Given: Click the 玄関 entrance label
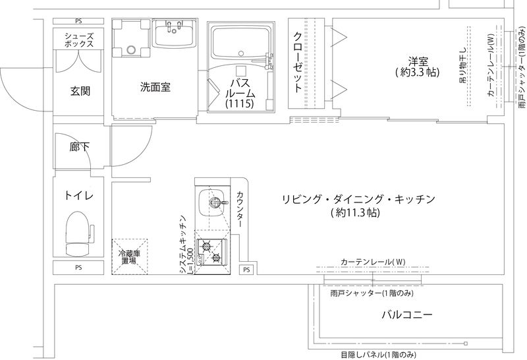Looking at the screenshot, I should (80, 91).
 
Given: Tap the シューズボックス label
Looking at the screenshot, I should (79, 39).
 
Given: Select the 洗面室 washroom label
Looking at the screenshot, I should (155, 87).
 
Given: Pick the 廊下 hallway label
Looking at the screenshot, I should (80, 148).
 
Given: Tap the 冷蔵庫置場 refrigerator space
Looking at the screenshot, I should (128, 256).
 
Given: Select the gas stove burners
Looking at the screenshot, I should (212, 251).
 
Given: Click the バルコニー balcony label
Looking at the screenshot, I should (407, 315).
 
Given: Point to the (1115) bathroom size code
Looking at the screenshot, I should (238, 104).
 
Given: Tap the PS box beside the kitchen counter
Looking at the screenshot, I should (246, 270).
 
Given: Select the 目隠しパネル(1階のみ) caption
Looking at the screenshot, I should (378, 355).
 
